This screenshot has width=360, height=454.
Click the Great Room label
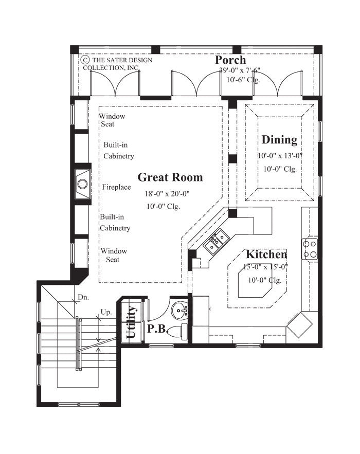click(170, 178)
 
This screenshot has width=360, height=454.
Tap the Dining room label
click(279, 140)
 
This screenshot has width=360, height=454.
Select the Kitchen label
click(266, 255)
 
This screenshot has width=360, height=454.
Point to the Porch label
click(230, 61)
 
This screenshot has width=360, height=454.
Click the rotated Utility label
click(131, 322)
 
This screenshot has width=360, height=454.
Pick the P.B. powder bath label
click(157, 330)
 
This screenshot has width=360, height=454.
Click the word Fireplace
click(116, 187)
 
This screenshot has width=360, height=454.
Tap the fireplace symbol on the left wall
click(82, 182)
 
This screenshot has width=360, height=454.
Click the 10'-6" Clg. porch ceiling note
click(243, 80)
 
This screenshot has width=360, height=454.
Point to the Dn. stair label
click(83, 297)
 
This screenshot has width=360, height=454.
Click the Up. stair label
click(106, 312)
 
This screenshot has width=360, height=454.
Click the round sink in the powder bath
click(180, 311)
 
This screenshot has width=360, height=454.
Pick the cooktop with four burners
click(310, 249)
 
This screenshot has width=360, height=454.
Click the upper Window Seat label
click(112, 120)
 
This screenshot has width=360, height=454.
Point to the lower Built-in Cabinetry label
click(115, 223)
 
